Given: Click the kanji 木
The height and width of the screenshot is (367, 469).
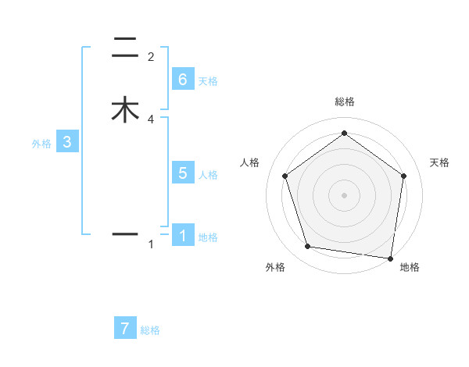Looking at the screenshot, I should [x=125, y=109].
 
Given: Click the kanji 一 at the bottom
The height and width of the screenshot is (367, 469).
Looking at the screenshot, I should [x=125, y=233].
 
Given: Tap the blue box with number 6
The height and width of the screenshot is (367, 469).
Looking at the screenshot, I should [x=183, y=80].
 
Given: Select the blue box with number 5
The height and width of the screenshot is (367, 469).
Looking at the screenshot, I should [x=183, y=173].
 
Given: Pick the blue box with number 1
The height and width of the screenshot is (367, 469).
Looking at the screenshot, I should [x=183, y=235].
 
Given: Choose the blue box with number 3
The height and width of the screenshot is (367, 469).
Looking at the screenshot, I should [x=67, y=142].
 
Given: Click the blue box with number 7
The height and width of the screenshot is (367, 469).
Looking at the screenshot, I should [x=125, y=328].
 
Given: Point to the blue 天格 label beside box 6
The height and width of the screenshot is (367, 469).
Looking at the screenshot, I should [x=208, y=81].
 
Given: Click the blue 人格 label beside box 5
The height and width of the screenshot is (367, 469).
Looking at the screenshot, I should [x=208, y=175].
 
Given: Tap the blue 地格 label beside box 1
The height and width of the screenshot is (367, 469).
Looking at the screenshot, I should [x=208, y=237].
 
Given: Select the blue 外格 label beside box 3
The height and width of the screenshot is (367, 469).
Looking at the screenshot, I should [x=41, y=144].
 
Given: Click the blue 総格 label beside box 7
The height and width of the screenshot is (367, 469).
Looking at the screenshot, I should [x=150, y=330].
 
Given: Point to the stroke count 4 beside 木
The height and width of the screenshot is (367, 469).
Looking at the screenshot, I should [x=151, y=119].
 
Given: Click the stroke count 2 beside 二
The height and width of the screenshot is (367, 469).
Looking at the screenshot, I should [x=151, y=57].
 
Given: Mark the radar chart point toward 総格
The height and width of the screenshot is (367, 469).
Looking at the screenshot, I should [x=344, y=134].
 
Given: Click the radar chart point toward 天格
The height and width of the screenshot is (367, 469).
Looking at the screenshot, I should [x=403, y=176].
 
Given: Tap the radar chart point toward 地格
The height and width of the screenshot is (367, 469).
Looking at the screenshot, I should [x=391, y=258].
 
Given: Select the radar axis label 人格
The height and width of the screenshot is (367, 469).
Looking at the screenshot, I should [x=250, y=162].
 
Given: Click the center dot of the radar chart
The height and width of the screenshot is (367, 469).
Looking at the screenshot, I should [x=344, y=194].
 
